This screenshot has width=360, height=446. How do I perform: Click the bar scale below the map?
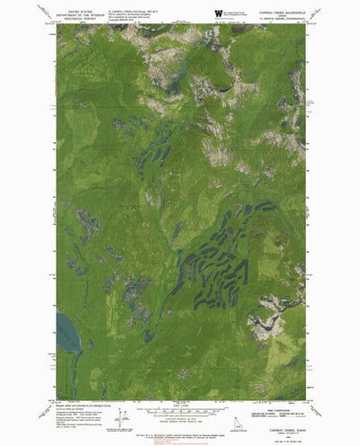click(180, 411)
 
